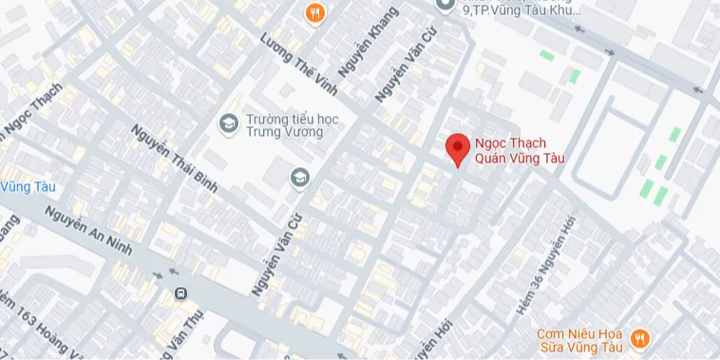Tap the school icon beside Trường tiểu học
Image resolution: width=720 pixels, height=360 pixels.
(228, 123)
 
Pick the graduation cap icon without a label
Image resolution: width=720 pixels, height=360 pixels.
(300, 177)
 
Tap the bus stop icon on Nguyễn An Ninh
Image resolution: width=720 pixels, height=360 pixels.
(180, 294)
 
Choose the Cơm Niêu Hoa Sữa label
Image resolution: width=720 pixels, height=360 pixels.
(578, 341)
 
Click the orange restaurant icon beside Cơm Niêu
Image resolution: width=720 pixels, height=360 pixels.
(640, 337)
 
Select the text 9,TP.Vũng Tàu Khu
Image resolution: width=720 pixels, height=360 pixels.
(521, 9)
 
